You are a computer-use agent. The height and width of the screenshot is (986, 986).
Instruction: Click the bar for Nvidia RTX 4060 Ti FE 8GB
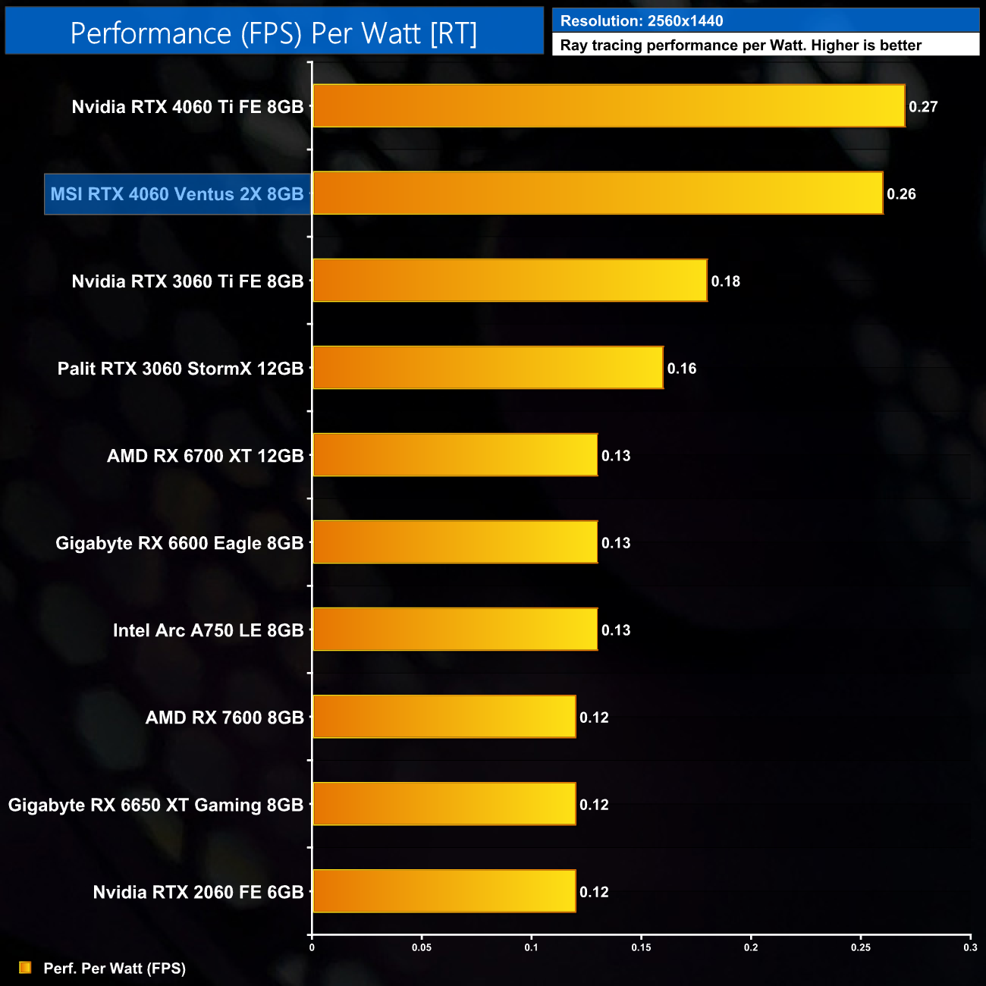point(608,106)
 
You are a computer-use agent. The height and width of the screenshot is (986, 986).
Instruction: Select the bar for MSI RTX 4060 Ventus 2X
point(598,193)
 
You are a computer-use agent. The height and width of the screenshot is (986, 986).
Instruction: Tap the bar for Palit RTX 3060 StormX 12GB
point(488,368)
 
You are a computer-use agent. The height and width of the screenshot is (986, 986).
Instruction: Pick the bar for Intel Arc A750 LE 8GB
point(455,630)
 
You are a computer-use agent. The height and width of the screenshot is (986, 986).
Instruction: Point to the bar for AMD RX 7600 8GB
point(444,717)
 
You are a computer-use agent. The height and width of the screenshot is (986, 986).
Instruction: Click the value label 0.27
point(923,107)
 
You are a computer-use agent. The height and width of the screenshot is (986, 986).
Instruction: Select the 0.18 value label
point(725,281)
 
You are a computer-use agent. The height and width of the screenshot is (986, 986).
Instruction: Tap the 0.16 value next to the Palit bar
point(681,369)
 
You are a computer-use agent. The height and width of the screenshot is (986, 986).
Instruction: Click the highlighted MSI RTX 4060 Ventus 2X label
point(177,194)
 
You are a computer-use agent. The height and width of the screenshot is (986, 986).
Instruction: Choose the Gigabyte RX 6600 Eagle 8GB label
point(179,543)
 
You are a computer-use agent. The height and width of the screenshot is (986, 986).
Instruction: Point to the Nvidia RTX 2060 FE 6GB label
point(198,892)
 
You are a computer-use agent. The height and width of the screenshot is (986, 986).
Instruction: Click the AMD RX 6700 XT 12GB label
point(205,456)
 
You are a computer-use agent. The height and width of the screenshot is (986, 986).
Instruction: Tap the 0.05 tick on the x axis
point(422,947)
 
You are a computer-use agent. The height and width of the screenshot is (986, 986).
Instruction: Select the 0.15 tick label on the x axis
point(641,947)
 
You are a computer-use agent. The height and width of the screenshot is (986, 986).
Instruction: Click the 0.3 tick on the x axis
point(970,947)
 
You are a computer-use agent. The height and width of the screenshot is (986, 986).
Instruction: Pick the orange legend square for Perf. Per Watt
point(25,968)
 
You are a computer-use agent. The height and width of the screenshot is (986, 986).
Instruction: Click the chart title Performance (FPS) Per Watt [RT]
point(274,33)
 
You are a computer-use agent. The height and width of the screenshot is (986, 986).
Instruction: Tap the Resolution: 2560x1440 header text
point(642,21)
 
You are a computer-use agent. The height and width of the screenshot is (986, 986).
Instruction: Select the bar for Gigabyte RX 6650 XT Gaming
point(444,804)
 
